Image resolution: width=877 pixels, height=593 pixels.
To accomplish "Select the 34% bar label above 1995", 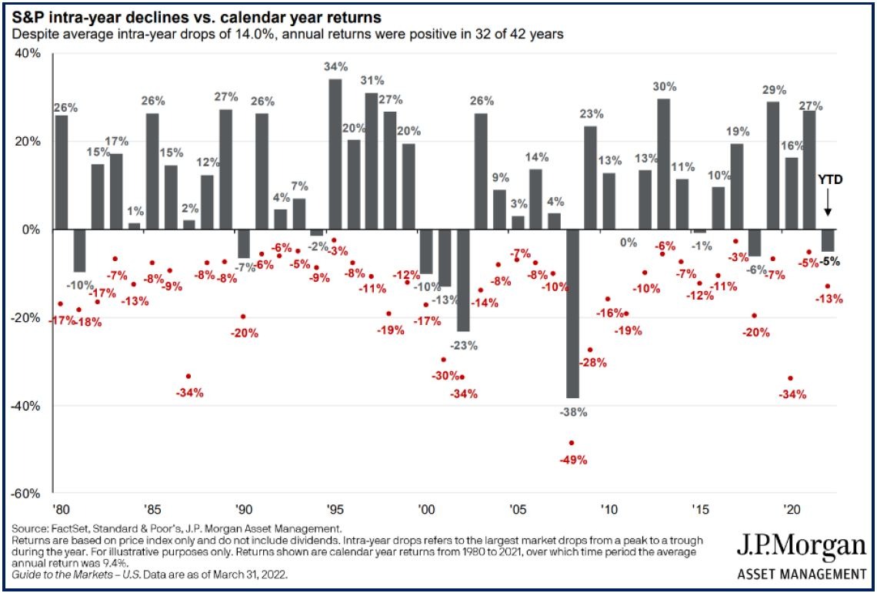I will click(x=335, y=66).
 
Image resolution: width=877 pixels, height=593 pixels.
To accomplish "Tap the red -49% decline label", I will click(x=573, y=461).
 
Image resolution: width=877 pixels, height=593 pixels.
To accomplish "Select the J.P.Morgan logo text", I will click(x=800, y=548).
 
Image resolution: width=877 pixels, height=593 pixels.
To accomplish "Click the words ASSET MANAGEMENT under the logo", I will click(x=800, y=574).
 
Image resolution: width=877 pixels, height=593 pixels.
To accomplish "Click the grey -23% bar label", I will click(x=464, y=346).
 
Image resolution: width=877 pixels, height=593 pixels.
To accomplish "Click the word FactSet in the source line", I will click(x=66, y=528).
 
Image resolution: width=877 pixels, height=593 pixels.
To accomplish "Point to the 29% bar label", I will click(x=772, y=90).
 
